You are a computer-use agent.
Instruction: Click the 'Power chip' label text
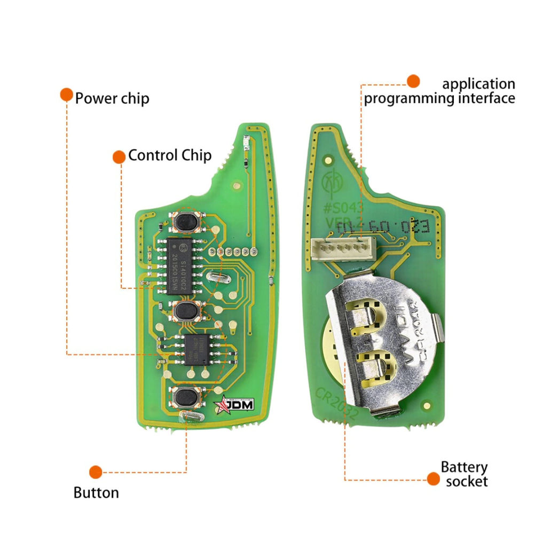click(112, 99)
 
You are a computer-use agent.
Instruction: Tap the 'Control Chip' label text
click(170, 156)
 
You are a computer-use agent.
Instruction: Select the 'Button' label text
click(96, 492)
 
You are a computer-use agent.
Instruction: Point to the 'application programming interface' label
click(439, 91)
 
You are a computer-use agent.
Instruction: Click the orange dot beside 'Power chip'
click(66, 95)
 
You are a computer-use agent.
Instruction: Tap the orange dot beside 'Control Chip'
click(119, 156)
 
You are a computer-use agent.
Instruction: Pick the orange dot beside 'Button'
click(96, 472)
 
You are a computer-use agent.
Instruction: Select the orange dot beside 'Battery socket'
click(433, 478)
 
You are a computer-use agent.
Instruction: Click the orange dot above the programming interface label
click(413, 81)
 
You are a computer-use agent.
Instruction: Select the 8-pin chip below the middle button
click(197, 350)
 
